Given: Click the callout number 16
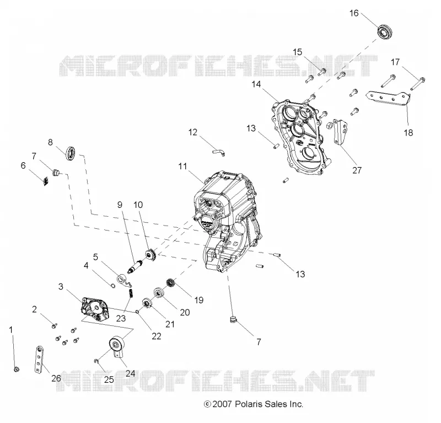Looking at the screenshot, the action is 354,13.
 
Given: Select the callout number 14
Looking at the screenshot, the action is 256,84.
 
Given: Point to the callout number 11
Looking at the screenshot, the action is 182,167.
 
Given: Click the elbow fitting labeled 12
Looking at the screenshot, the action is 219,152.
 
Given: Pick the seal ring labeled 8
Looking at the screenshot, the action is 71,154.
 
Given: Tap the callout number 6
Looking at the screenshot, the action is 23,165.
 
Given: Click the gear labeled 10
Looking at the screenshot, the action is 150,255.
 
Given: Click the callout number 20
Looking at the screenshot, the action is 185,312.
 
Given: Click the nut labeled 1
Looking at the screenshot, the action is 17,369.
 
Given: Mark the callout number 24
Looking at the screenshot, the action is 130,373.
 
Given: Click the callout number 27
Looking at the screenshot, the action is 357,170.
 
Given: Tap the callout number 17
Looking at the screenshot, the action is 395,62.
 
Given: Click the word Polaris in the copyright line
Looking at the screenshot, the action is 247,404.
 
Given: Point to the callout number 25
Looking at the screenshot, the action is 109,379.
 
